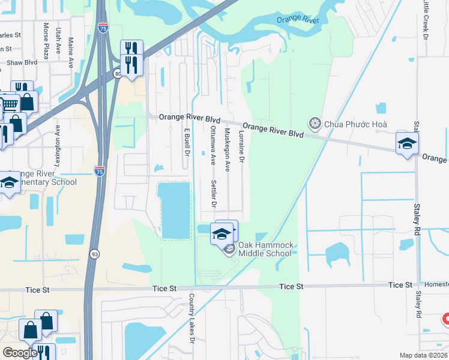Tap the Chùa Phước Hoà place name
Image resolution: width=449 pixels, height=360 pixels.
356,124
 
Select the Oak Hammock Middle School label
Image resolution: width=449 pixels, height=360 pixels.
265,249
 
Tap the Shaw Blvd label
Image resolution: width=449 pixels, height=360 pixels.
22,62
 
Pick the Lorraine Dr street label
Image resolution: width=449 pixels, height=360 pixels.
242,147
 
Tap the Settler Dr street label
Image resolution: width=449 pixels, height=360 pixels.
213,193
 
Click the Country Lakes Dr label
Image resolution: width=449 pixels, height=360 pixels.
192,318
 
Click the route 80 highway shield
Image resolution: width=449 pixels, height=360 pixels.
117,74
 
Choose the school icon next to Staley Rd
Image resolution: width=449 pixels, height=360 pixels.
406,144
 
